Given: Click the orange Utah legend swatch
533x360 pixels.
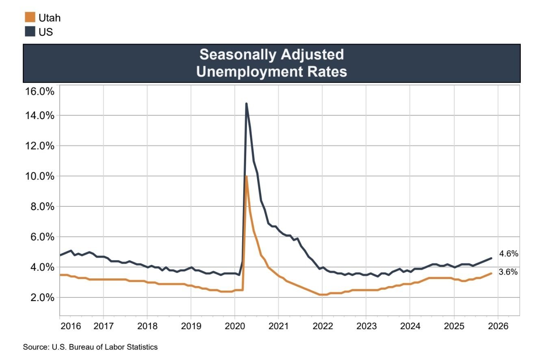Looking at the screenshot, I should tap(30, 17).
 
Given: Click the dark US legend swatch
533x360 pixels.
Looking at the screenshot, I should tap(30, 31).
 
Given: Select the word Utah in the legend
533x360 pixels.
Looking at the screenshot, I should tap(50, 17).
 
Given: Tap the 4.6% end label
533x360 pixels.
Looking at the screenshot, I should tap(509, 254).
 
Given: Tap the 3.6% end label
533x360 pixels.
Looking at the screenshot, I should tap(509, 272).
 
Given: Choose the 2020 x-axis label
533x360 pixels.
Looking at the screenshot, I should tap(234, 326).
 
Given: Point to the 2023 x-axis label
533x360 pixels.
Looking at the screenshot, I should tap(366, 326).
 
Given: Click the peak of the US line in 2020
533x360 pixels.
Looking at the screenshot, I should tap(246, 104).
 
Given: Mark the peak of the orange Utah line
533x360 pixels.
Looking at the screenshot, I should tap(246, 176).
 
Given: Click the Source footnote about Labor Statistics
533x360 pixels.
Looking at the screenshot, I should tap(90, 347).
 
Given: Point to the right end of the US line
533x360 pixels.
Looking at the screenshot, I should tap(492, 258).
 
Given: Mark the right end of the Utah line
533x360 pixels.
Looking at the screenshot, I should tap(492, 273).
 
